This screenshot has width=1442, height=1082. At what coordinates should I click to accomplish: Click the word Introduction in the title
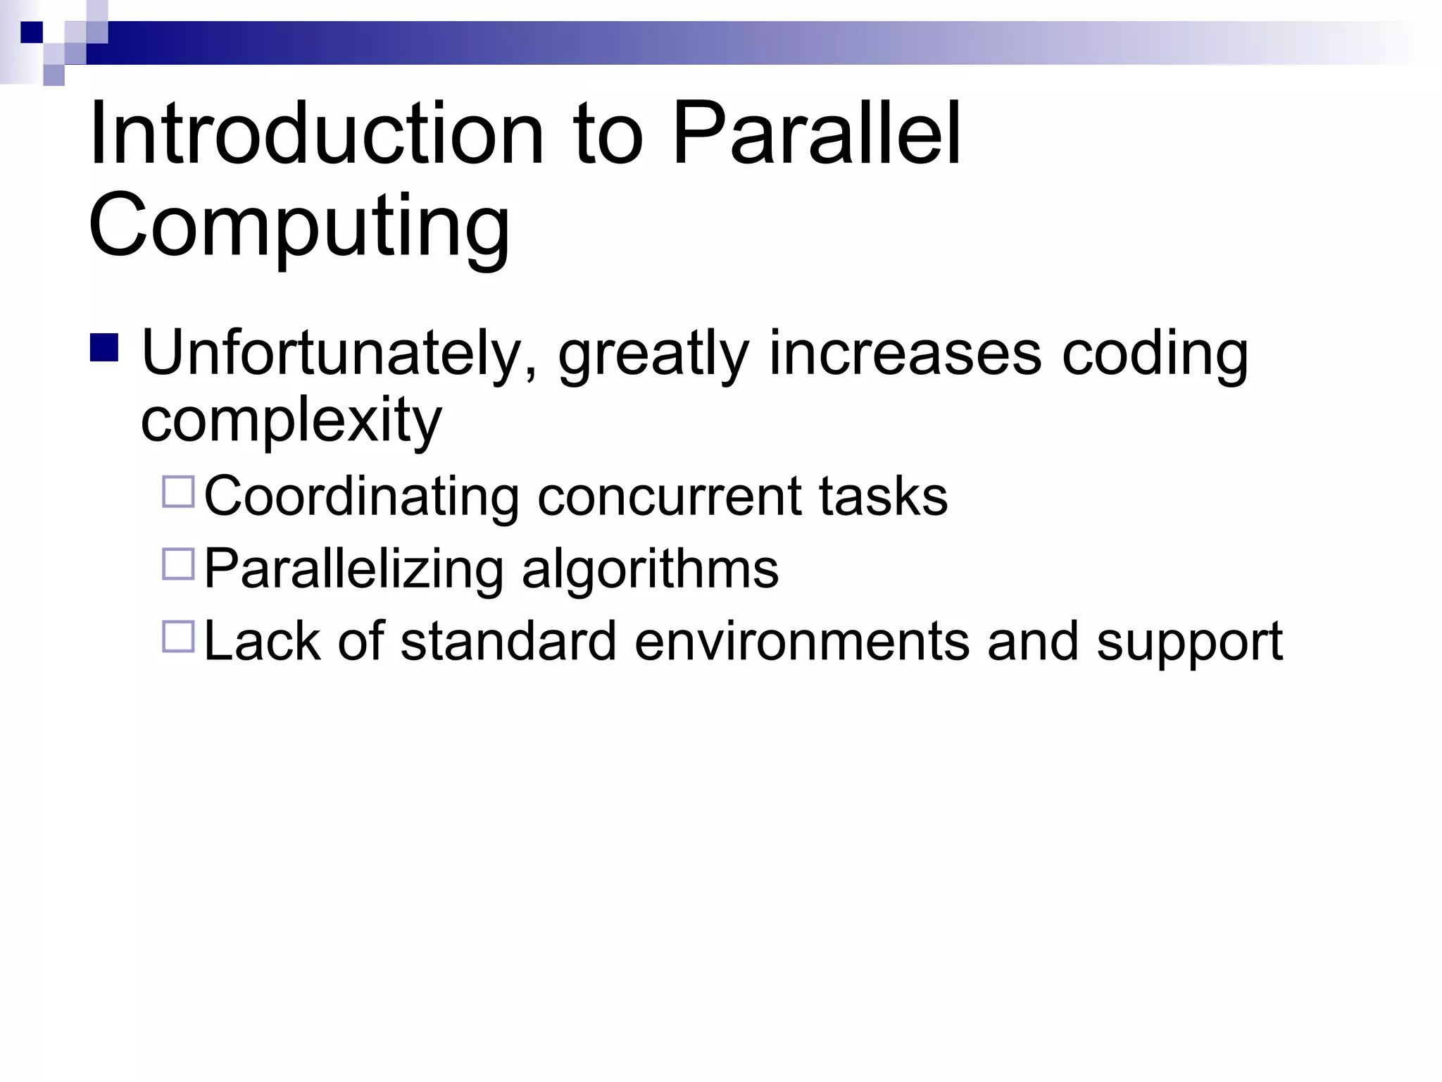tap(317, 134)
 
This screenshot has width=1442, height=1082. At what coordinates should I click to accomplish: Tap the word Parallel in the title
tap(817, 134)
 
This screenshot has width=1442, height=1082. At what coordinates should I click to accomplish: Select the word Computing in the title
tap(299, 227)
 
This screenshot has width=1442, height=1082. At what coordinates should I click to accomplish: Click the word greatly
tap(653, 354)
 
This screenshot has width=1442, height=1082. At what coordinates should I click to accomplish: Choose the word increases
tap(905, 354)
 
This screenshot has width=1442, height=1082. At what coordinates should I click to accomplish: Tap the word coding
tap(1155, 354)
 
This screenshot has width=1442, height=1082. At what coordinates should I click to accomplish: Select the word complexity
tap(291, 421)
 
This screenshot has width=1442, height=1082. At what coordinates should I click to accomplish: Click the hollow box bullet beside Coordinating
tap(178, 492)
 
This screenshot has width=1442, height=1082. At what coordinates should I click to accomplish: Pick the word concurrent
tap(669, 497)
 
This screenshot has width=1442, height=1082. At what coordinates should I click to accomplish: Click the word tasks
tap(883, 497)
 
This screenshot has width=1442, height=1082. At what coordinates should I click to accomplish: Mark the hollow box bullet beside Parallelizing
tap(178, 564)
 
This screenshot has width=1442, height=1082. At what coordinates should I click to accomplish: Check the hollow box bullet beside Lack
tap(178, 636)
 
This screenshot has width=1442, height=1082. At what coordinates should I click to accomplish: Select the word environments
tap(801, 642)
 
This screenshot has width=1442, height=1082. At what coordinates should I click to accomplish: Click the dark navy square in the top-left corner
tap(32, 32)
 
